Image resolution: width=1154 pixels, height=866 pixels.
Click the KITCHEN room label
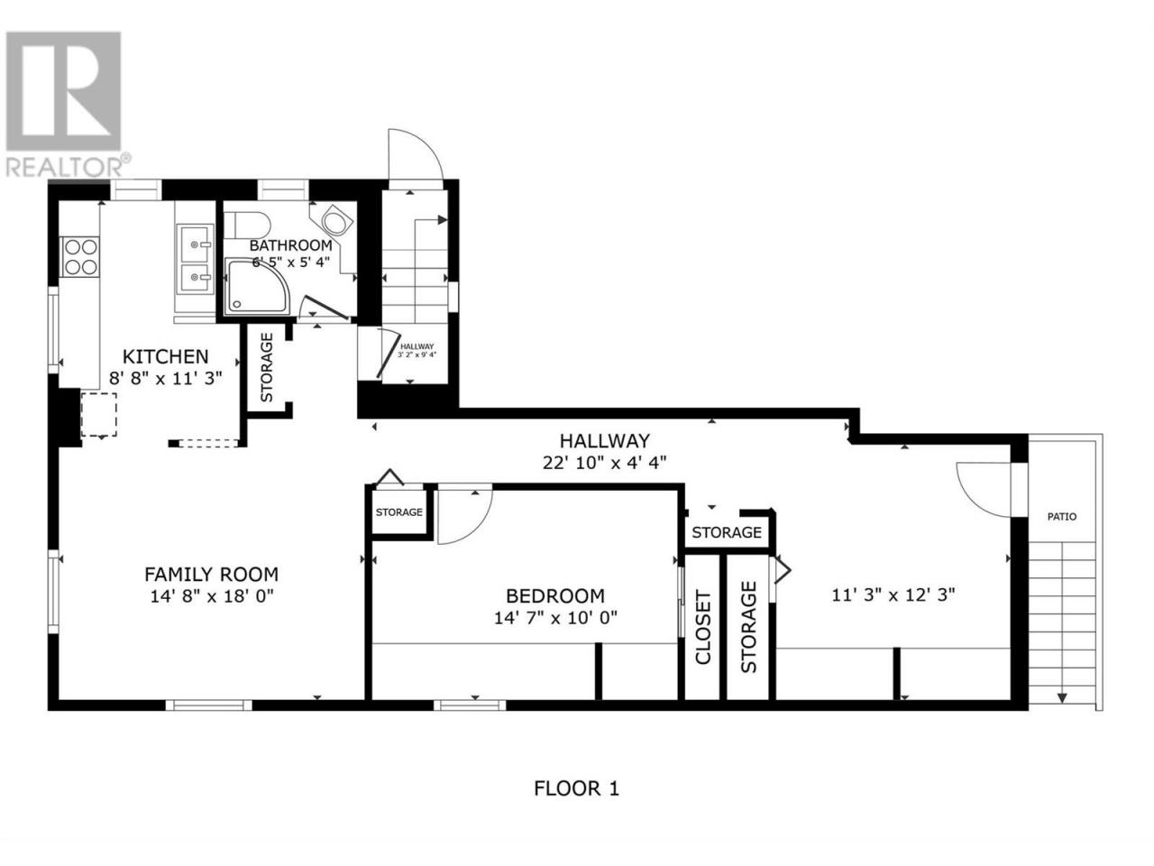pos(165,356)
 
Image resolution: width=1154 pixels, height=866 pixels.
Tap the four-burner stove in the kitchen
pos(81,256)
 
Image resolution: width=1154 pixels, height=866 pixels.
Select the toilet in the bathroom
pos(246,225)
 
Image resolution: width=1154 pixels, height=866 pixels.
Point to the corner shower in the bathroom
pos(257,287)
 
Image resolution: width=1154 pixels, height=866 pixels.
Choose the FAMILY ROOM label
pos(211,575)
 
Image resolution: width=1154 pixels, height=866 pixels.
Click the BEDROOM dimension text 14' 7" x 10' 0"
pos(555,617)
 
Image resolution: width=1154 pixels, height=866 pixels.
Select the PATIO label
pos(1062,517)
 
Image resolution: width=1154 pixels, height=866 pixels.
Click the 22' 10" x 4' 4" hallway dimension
pos(605,463)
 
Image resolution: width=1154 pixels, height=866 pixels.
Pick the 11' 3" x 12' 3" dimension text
pos(893,595)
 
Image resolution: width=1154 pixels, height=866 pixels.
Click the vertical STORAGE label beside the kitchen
pos(267,367)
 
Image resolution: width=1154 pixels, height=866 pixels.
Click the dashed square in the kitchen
pos(99,414)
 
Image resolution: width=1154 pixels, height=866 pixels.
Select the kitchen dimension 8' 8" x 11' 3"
pos(166,378)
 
